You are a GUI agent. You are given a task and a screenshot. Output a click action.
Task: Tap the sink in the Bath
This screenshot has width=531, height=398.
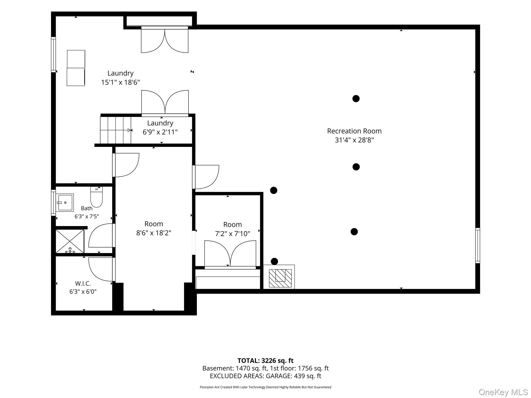(x=65, y=203)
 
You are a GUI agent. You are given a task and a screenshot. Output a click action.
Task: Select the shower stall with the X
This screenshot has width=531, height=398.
(x=70, y=241)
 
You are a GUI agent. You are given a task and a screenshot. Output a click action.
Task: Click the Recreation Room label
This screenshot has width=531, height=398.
(x=354, y=131)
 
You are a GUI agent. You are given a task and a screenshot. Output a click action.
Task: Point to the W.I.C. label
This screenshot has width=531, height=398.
(x=83, y=283)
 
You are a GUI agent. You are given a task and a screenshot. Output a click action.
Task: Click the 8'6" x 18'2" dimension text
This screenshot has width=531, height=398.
(x=154, y=233)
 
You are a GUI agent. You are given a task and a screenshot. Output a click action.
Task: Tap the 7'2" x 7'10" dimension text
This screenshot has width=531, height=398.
(x=233, y=234)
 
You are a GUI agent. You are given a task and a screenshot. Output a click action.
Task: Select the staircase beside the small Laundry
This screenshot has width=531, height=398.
(x=116, y=130)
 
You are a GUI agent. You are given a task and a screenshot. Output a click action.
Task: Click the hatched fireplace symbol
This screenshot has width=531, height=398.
(x=280, y=278)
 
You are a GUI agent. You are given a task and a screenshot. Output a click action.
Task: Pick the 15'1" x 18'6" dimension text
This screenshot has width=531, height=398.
(x=120, y=82)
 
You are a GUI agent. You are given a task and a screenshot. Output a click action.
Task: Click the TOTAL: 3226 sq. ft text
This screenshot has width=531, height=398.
(x=265, y=361)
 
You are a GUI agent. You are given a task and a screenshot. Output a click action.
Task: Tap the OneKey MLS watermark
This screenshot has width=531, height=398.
(x=503, y=392)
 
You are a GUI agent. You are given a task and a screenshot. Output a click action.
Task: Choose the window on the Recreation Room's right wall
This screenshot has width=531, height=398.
(x=478, y=246)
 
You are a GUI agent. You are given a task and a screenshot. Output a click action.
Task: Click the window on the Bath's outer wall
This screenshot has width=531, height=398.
(x=53, y=203)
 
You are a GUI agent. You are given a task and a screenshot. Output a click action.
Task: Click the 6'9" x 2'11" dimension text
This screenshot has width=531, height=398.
(x=160, y=132)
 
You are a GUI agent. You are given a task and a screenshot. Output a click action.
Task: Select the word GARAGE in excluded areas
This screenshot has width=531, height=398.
(x=278, y=376)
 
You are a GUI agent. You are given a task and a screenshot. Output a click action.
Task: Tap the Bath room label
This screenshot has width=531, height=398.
(x=87, y=208)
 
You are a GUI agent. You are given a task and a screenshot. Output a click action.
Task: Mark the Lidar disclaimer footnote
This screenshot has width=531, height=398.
(x=265, y=387)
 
